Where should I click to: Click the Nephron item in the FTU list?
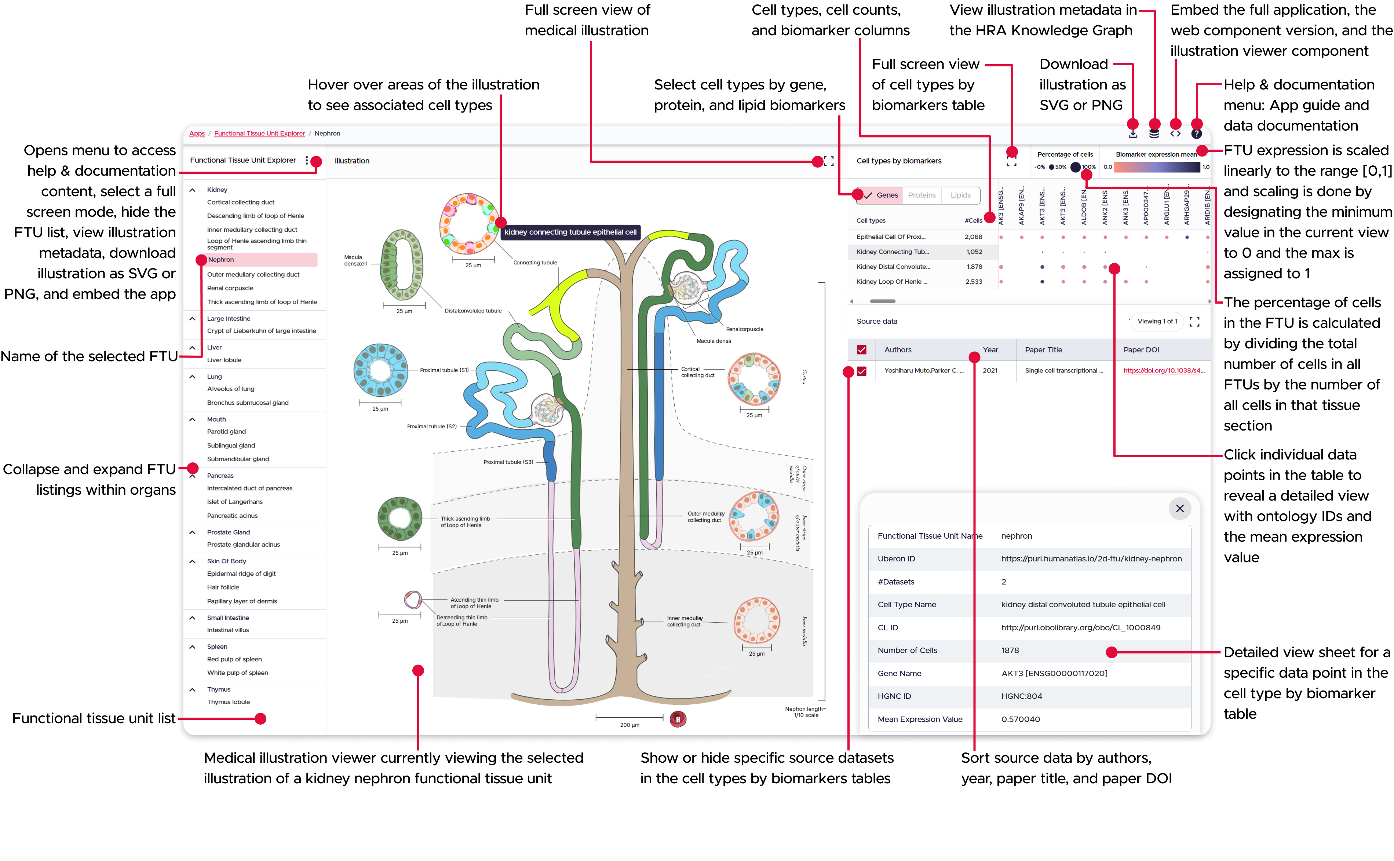[x=221, y=260]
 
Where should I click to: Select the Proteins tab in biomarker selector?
[x=921, y=195]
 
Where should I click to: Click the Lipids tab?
[x=960, y=195]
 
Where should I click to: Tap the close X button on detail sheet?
[x=1179, y=509]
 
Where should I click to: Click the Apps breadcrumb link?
[x=197, y=134]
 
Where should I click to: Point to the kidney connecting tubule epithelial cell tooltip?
[x=570, y=232]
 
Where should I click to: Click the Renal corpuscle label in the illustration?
[x=744, y=329]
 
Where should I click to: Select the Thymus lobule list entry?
[x=229, y=702]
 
